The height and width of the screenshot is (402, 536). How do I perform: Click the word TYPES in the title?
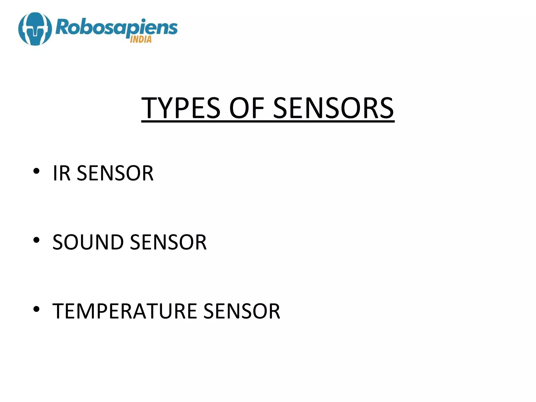pyautogui.click(x=181, y=108)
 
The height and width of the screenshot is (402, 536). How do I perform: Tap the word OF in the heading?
pyautogui.click(x=246, y=108)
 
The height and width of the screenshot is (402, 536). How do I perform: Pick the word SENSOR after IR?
pyautogui.click(x=115, y=173)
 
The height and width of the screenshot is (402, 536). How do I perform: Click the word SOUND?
pyautogui.click(x=88, y=242)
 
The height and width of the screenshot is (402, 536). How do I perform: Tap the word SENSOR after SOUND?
pyautogui.click(x=168, y=242)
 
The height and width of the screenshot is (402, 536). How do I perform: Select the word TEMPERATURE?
pyautogui.click(x=125, y=311)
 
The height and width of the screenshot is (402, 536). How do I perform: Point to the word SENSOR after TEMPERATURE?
pyautogui.click(x=242, y=311)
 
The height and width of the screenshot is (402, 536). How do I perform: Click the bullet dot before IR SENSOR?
pyautogui.click(x=36, y=171)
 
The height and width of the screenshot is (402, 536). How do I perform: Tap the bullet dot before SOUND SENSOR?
pyautogui.click(x=36, y=240)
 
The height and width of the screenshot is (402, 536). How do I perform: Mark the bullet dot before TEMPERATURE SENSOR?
pyautogui.click(x=36, y=309)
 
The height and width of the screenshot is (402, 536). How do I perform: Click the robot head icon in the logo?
pyautogui.click(x=35, y=29)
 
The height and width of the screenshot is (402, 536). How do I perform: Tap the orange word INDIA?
pyautogui.click(x=141, y=40)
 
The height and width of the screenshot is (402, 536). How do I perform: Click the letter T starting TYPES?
pyautogui.click(x=150, y=108)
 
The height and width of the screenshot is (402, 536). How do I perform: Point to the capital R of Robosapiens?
pyautogui.click(x=62, y=27)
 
